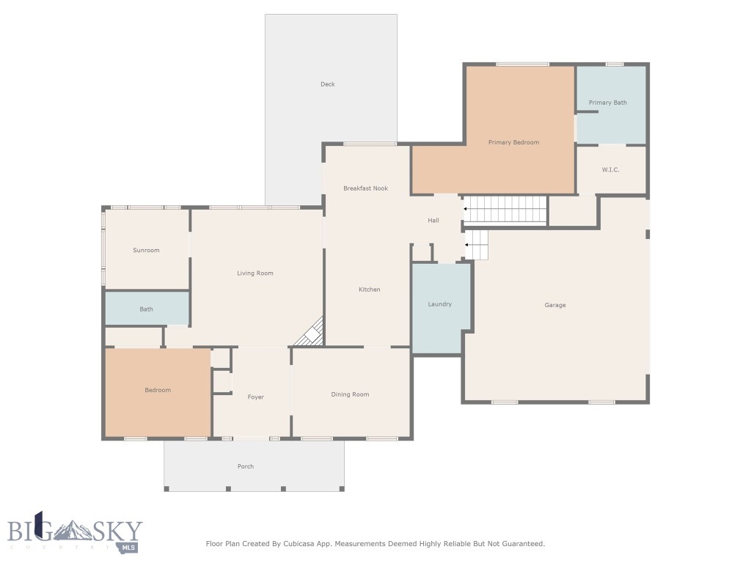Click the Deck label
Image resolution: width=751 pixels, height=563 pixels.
(328, 84)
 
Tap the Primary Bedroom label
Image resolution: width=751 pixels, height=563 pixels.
(513, 142)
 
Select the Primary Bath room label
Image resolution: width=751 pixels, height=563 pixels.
(608, 103)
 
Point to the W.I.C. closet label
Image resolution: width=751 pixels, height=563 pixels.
(611, 169)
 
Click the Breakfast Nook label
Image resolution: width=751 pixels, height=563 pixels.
(365, 188)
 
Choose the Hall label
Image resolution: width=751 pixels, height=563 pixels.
(433, 220)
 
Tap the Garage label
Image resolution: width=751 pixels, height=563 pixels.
(555, 305)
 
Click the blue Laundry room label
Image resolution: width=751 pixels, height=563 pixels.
(440, 304)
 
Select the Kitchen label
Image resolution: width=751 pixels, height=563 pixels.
(370, 289)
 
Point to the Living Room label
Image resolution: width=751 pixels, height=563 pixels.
(254, 273)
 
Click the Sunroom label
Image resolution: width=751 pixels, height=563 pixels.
(146, 250)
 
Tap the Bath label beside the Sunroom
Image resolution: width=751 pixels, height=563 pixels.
(146, 309)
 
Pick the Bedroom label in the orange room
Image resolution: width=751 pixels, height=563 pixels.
(158, 390)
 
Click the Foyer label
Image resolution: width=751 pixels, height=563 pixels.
(256, 397)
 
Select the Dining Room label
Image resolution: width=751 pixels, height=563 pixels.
(350, 394)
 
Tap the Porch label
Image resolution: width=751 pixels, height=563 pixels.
(246, 466)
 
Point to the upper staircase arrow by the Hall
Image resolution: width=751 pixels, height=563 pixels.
(464, 209)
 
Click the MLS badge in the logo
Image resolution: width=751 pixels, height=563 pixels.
(128, 548)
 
